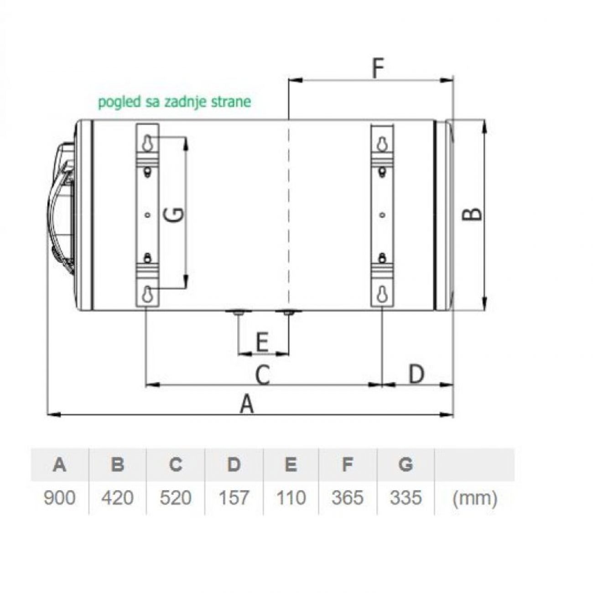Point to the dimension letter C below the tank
click(263, 375)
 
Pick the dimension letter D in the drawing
click(416, 374)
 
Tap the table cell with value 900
click(59, 498)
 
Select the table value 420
click(117, 498)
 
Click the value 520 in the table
click(176, 498)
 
